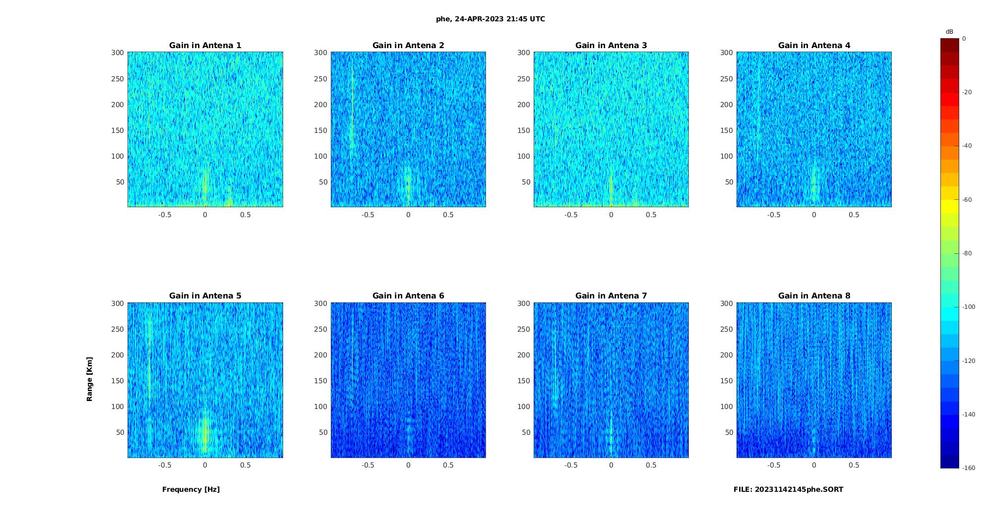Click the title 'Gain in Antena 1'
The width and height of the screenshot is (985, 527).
[205, 46]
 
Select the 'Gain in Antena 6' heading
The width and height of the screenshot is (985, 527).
[408, 296]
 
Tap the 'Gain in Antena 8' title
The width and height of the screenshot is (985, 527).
[814, 296]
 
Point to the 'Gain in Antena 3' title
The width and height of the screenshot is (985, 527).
[611, 46]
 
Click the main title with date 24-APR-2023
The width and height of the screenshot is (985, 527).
[491, 19]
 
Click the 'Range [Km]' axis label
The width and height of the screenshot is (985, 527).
[90, 379]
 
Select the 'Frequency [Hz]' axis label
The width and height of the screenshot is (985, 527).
[191, 490]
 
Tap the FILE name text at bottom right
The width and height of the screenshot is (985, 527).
[788, 490]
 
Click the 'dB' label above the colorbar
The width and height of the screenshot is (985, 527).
[949, 32]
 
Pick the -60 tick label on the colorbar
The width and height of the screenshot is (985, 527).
[967, 200]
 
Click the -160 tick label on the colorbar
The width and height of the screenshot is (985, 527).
[969, 468]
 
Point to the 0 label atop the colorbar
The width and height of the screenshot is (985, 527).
[964, 39]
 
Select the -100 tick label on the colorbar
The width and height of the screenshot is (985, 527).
[969, 307]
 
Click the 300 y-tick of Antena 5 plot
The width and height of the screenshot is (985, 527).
[118, 303]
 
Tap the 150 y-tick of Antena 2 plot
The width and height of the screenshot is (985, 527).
[320, 130]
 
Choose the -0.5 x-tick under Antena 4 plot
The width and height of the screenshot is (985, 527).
[774, 215]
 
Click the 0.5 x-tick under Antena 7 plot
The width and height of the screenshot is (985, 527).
[651, 466]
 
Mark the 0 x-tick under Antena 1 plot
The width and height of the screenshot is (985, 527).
[205, 215]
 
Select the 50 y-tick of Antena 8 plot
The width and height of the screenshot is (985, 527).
[729, 432]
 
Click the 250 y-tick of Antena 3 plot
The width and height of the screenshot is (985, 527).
[523, 79]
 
